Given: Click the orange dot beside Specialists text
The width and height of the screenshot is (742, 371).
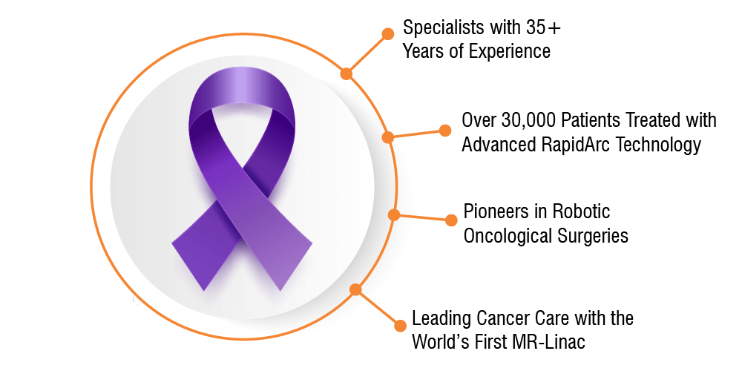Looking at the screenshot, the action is (387, 33).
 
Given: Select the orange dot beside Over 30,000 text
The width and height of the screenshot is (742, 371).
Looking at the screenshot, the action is (444, 131).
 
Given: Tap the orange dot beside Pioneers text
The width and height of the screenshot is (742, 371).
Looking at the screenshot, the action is (451, 220).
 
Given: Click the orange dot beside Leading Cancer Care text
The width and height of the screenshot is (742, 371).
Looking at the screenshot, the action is (401, 326).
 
